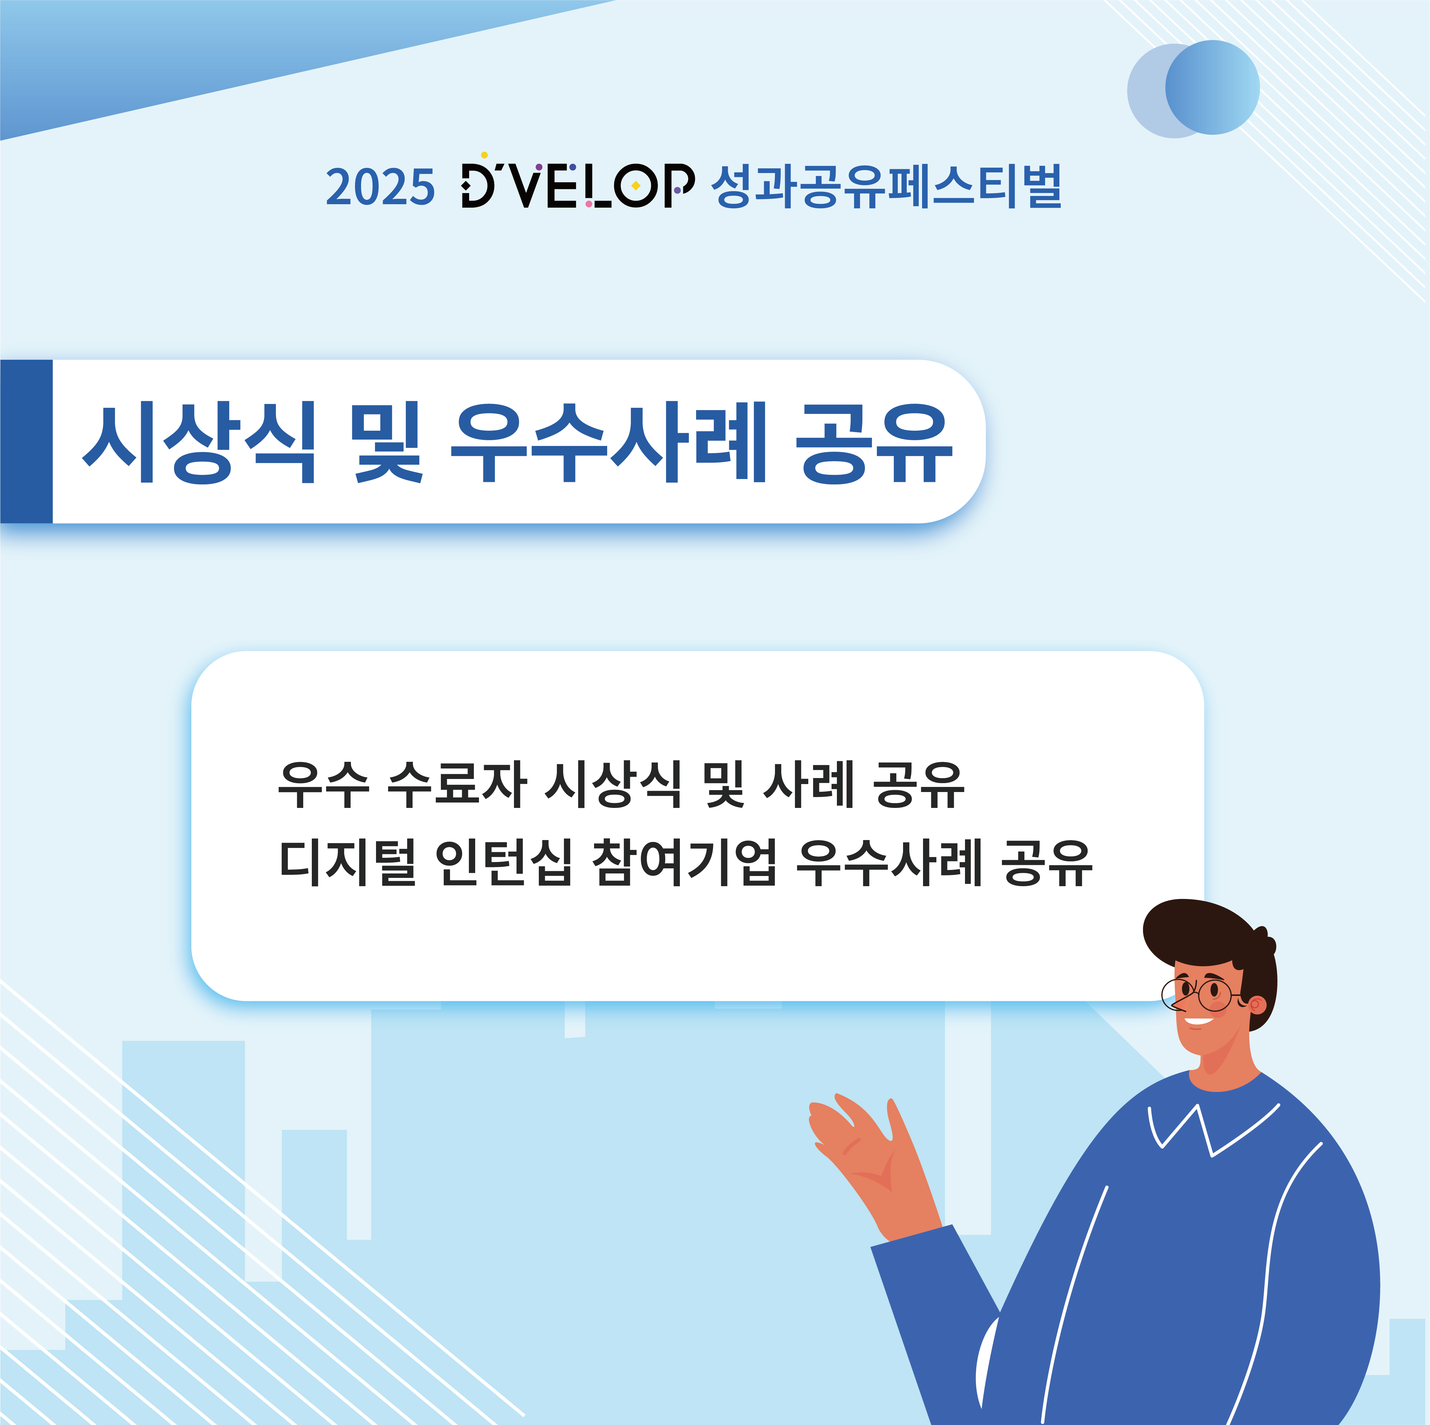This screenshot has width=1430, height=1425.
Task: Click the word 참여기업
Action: [x=685, y=863]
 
